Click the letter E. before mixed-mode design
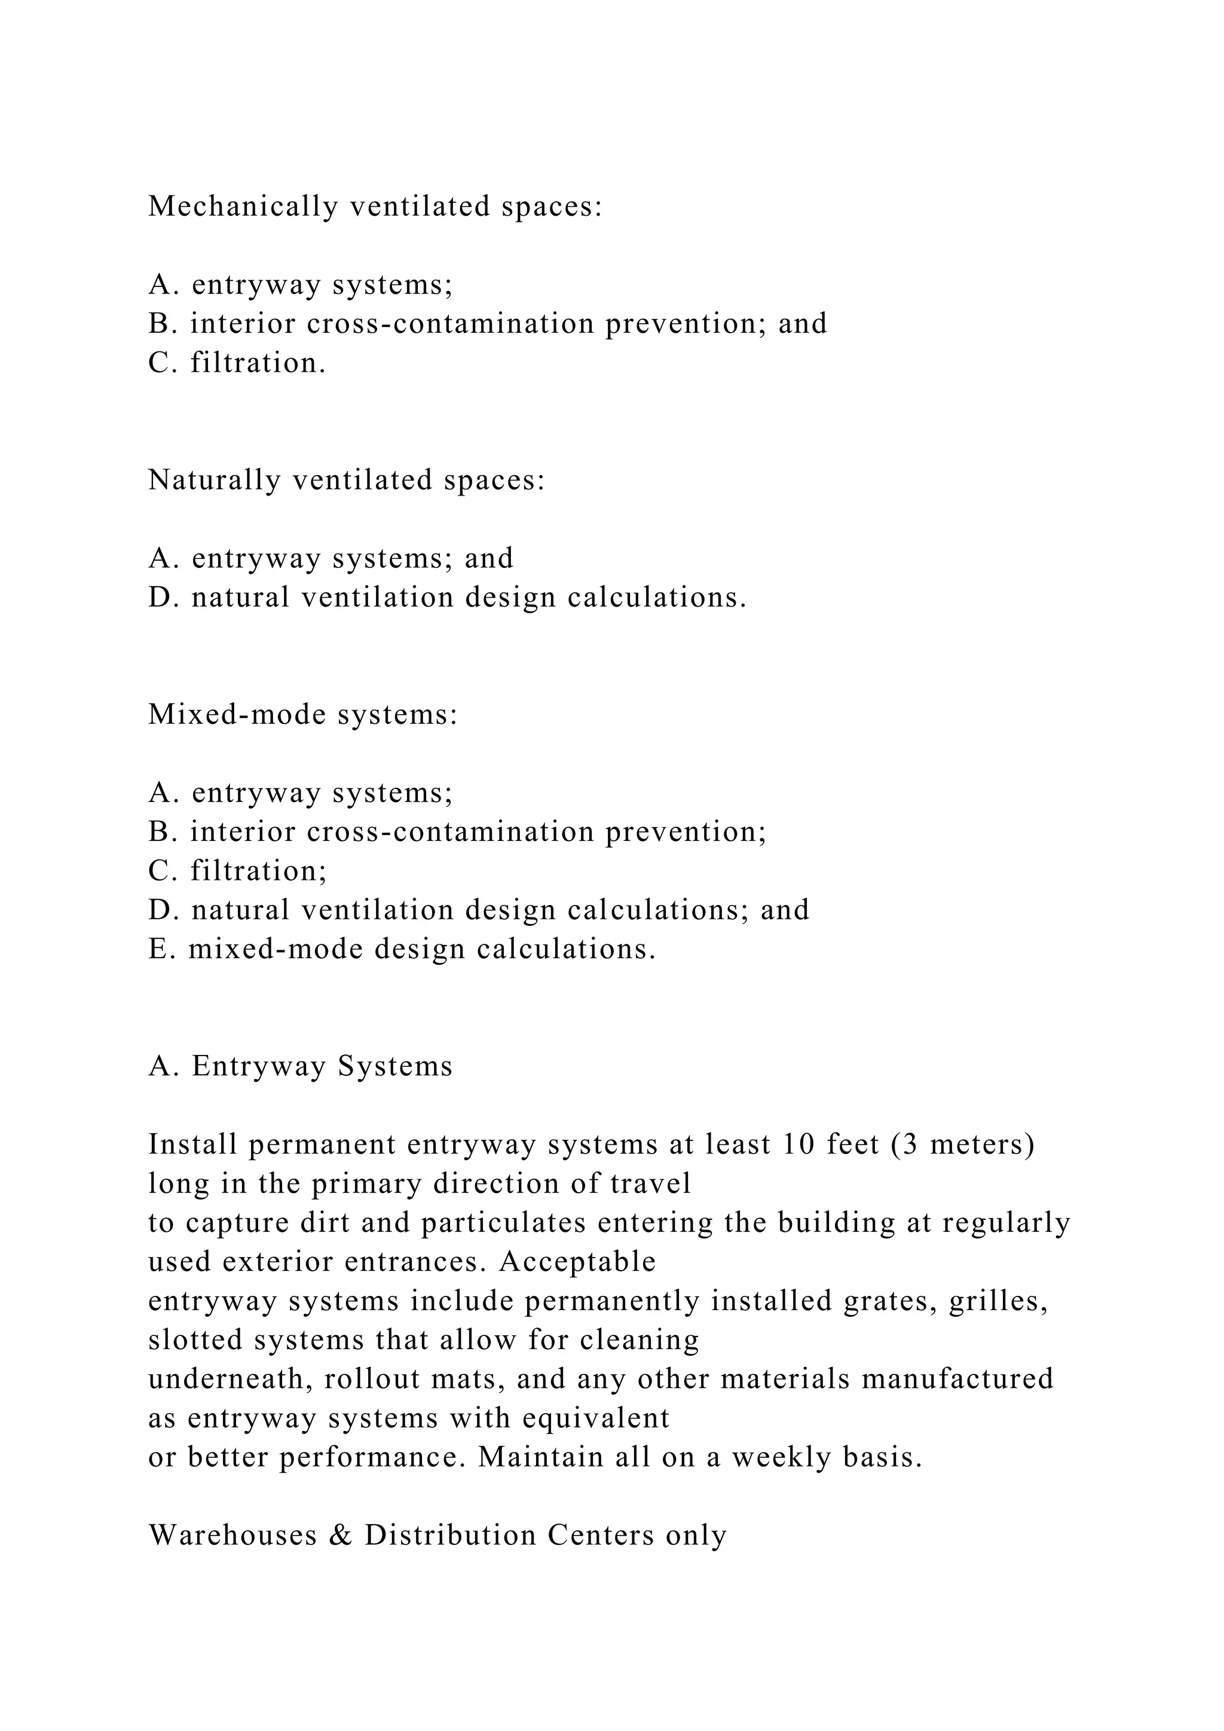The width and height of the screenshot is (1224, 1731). (162, 949)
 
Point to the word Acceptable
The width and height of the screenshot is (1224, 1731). (577, 1261)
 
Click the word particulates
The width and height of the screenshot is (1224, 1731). (503, 1222)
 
